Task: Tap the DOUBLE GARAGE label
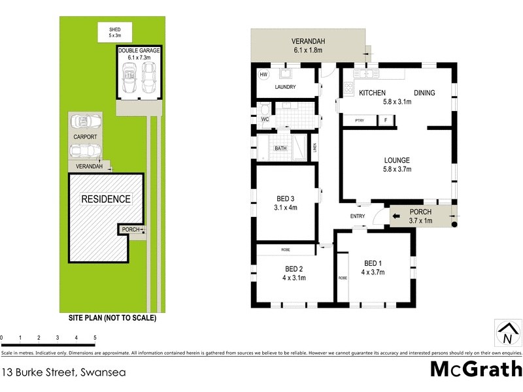pyautogui.click(x=139, y=50)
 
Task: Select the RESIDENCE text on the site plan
pyautogui.click(x=106, y=199)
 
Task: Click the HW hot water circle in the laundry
pyautogui.click(x=264, y=75)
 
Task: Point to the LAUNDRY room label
pyautogui.click(x=286, y=87)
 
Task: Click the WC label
pyautogui.click(x=264, y=120)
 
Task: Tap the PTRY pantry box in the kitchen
pyautogui.click(x=359, y=120)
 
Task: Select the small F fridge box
pyautogui.click(x=386, y=120)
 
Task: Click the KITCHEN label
pyautogui.click(x=372, y=93)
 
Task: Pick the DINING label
pyautogui.click(x=425, y=93)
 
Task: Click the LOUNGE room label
pyautogui.click(x=397, y=160)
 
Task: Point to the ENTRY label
pyautogui.click(x=358, y=216)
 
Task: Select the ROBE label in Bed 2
pyautogui.click(x=286, y=250)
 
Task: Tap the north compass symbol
pyautogui.click(x=507, y=333)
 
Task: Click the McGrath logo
pyautogui.click(x=475, y=369)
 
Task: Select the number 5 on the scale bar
pyautogui.click(x=95, y=338)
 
